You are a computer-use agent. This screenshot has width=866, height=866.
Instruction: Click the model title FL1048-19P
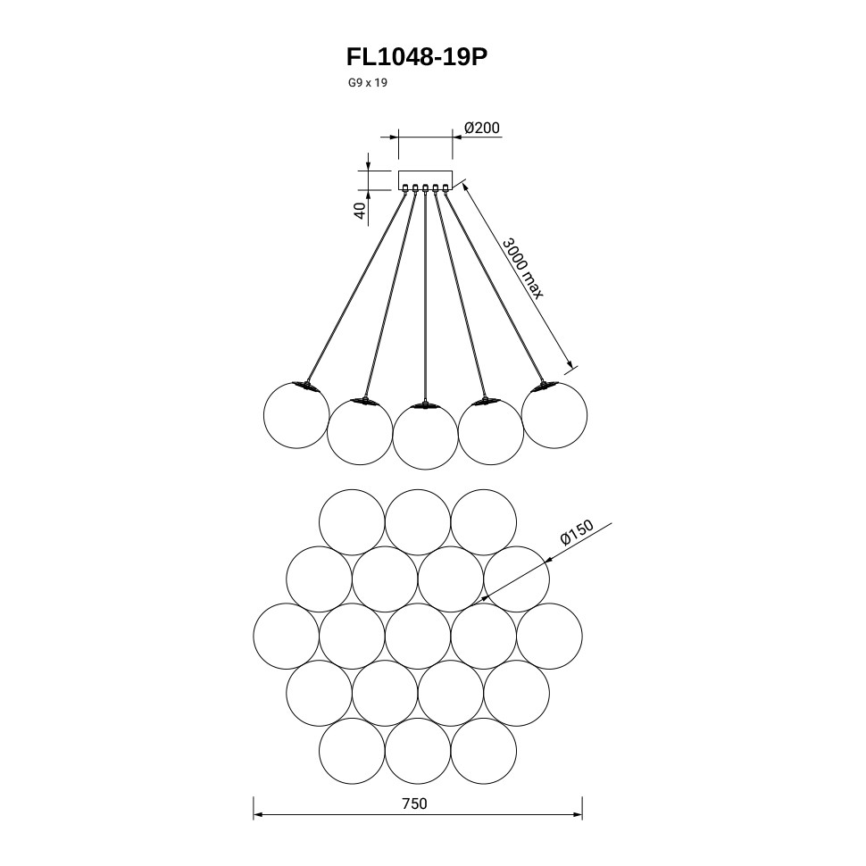417,58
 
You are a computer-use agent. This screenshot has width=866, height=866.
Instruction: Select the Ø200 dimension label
482,128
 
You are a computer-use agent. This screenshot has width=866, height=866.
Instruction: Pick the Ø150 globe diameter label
577,533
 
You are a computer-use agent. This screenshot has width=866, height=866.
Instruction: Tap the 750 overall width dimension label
414,803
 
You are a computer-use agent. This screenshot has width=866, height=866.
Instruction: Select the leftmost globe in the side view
297,413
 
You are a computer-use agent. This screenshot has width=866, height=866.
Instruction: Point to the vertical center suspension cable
426,295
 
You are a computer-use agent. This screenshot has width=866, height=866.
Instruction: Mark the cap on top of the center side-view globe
426,404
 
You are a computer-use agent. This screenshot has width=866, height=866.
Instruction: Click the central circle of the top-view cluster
418,636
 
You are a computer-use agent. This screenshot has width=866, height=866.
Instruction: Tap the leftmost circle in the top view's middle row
287,636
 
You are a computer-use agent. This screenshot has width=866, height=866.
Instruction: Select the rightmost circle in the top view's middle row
549,636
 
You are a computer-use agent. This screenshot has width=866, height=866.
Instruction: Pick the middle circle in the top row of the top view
418,521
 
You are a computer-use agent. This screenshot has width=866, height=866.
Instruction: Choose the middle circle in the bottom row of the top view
418,750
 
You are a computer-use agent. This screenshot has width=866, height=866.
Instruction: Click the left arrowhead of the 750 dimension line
257,814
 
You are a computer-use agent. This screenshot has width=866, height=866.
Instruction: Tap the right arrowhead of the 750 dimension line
579,814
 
